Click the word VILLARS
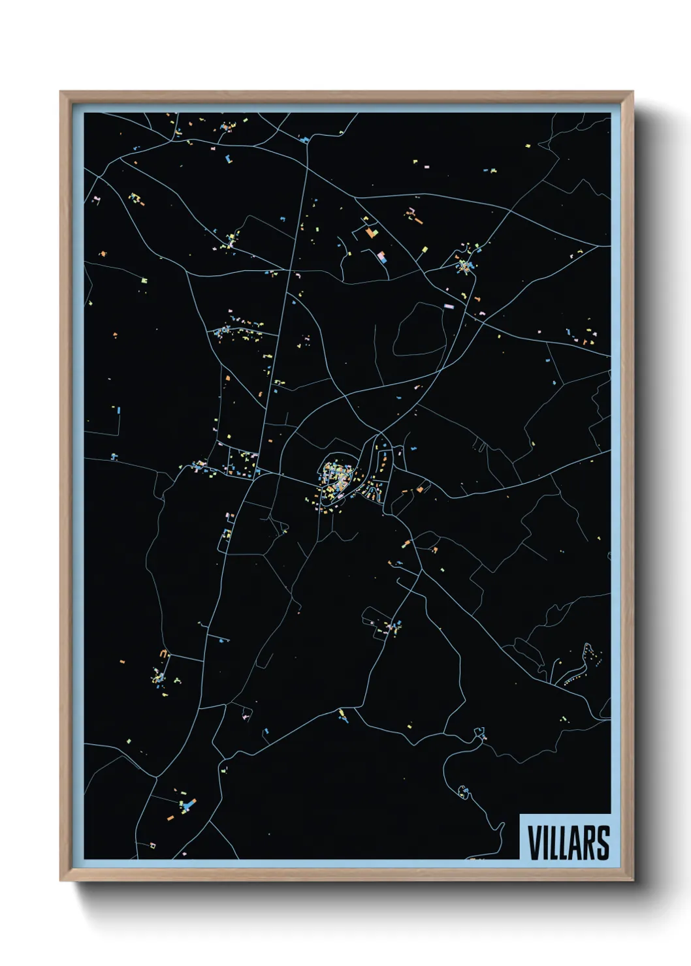tap(568, 843)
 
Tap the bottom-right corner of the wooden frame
tap(632, 879)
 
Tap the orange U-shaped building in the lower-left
tap(164, 653)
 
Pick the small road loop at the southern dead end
tap(463, 791)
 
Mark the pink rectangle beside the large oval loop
tap(449, 305)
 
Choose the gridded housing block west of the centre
tap(238, 463)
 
